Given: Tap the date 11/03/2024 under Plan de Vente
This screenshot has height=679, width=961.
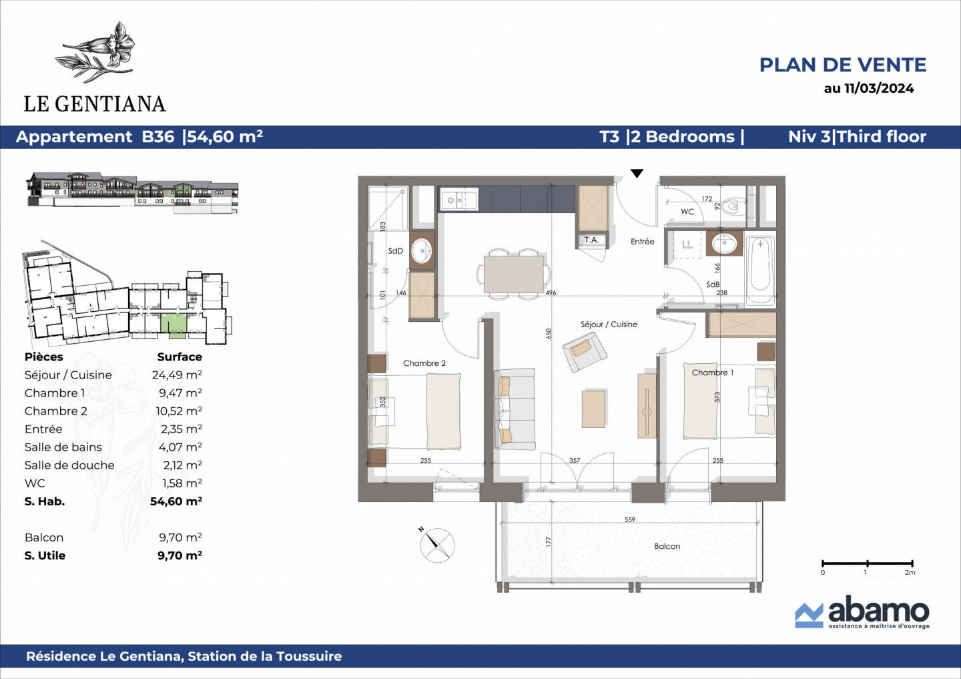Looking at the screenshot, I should pos(878,88).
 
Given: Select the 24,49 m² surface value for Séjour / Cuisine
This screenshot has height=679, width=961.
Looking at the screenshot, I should pos(177,375).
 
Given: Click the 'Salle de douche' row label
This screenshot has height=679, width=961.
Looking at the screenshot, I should pos(69,465).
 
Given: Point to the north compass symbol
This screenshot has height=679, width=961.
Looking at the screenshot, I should pos(437,544).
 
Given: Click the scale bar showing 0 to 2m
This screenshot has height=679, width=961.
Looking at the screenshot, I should pos(867,564).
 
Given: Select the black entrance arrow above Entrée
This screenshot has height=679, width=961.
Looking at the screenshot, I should pos(637,174).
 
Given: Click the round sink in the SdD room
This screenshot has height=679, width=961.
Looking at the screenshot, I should pos(422,251).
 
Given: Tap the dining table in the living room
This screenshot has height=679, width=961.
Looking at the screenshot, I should pos(514,274).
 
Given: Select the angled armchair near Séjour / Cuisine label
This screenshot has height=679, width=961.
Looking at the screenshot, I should pos(583,351).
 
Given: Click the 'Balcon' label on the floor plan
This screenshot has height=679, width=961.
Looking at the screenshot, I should pos(667,546).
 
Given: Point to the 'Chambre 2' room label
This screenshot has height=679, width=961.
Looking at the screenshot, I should pos(424,363).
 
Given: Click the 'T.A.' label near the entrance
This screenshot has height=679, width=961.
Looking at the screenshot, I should pos(591,240).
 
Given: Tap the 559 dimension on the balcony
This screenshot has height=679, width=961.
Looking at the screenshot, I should pos(629,519).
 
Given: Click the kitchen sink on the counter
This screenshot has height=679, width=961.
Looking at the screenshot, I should pos(458,200).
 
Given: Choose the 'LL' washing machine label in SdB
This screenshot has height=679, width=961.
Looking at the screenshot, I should pos(687,244).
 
